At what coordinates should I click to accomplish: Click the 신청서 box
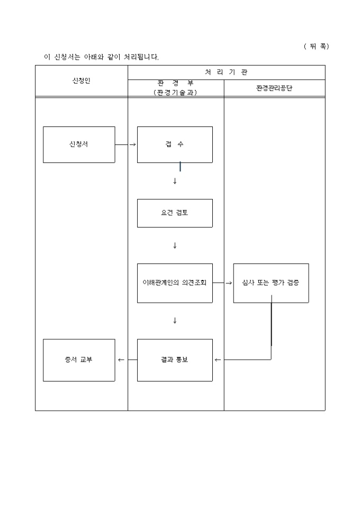pos(79,144)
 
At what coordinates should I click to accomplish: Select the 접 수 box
pos(175,144)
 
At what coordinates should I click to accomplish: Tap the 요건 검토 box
pos(175,213)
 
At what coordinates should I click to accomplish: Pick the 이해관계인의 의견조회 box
pos(175,283)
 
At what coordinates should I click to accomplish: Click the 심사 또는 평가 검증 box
pos(271,283)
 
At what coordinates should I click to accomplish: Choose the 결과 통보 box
pos(175,360)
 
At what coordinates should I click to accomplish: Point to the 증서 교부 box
pos(79,360)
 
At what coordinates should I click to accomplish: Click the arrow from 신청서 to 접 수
pos(126,144)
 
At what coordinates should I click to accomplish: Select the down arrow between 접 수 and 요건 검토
pos(175,181)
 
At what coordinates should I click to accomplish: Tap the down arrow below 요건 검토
pos(175,246)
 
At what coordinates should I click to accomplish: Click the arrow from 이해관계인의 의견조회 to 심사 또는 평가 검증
pos(223,283)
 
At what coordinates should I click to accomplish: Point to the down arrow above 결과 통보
pos(175,321)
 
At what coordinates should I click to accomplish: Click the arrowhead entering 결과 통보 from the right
pos(217,360)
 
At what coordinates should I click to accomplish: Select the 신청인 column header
pos(82,81)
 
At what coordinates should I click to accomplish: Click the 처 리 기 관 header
pos(226,72)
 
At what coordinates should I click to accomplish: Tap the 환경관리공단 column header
pos(274,88)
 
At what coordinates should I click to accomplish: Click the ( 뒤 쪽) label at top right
pos(316,46)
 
